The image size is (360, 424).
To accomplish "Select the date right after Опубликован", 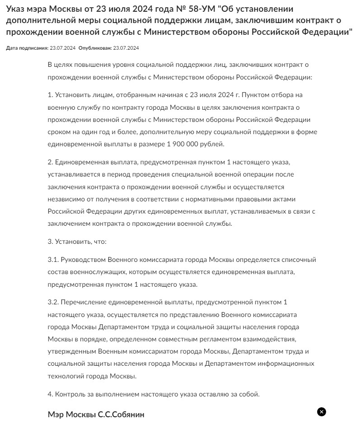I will pos(126,48).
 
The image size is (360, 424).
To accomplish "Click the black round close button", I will pos(321,412).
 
